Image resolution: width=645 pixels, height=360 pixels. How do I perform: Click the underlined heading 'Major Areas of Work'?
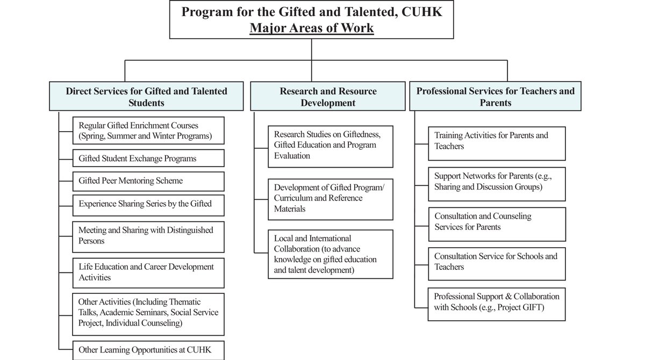coord(311,27)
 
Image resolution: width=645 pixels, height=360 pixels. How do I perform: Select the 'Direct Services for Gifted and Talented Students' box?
coord(147,97)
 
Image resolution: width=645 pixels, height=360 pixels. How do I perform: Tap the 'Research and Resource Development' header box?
coord(328,97)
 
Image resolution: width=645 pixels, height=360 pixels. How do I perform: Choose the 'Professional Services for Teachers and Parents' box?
coord(495,97)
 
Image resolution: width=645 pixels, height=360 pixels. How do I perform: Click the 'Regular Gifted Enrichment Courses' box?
coord(148,131)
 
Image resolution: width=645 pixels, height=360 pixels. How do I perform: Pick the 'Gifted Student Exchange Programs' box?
coord(148,159)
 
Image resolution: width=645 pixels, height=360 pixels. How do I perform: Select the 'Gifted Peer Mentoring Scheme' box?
coord(148,181)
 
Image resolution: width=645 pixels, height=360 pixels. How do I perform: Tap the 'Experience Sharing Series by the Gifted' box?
coord(148,204)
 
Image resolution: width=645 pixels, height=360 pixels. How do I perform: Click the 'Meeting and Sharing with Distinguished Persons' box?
coord(148,235)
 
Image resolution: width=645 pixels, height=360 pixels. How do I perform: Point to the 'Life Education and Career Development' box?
coord(148,272)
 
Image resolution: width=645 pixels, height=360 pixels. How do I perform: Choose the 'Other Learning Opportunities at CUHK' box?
coord(148,350)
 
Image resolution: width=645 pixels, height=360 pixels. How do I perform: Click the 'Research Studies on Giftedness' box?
coord(331,145)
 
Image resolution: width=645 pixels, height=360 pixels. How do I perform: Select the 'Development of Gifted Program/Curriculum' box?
coord(331,198)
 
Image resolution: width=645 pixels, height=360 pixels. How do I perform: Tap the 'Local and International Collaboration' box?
coord(331,254)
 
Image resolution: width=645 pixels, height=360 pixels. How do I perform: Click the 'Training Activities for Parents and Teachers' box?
coord(497,141)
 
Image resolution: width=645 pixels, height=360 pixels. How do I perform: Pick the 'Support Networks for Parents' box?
coord(497,182)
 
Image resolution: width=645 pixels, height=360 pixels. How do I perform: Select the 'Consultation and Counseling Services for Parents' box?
coord(497,222)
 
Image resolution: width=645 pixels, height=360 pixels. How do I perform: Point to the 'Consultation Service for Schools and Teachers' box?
coord(497,262)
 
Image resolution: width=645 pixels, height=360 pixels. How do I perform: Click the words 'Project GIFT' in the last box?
coord(524,308)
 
